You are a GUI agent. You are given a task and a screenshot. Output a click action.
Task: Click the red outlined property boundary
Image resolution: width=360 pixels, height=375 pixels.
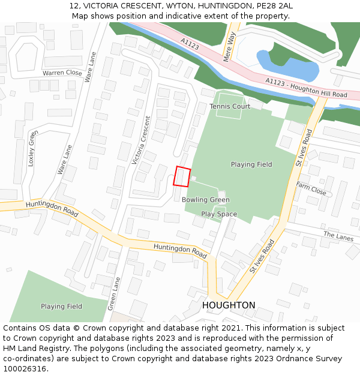coord(182,176)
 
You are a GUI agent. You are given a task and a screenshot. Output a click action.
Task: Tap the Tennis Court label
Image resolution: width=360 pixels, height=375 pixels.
coord(230,106)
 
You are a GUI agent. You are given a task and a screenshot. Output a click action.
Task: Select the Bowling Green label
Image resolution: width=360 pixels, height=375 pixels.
coord(206,200)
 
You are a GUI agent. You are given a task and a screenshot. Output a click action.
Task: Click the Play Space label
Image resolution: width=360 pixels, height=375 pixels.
coord(219,214)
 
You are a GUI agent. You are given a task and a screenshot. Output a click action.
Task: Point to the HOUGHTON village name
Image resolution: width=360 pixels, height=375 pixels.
coord(229,305)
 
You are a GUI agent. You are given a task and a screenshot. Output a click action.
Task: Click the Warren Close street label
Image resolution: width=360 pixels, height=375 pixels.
coord(62,73)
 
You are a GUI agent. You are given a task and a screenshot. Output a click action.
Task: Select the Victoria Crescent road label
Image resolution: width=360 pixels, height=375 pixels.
coord(141,140)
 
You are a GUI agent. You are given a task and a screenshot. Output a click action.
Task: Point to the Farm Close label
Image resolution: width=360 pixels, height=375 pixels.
coord(311,188)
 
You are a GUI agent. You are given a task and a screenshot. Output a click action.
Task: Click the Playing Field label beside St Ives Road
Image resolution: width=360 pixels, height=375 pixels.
coord(251,164)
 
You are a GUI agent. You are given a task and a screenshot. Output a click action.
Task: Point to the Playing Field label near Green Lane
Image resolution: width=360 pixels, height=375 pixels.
coord(61,307)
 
